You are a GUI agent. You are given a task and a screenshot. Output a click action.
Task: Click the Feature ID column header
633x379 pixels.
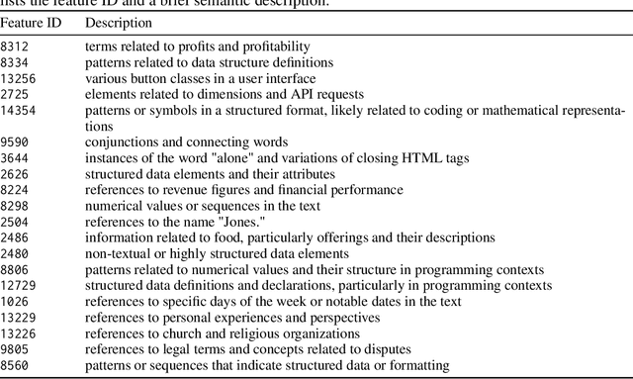(x=33, y=22)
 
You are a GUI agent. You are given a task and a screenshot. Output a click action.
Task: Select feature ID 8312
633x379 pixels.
(x=15, y=47)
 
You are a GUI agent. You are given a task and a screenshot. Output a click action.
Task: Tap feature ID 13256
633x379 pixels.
(x=18, y=78)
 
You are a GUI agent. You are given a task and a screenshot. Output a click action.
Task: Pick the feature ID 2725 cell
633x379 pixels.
(x=15, y=94)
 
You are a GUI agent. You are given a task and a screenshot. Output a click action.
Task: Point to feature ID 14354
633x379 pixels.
(x=18, y=110)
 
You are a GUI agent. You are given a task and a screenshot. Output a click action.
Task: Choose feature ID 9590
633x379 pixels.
(x=15, y=142)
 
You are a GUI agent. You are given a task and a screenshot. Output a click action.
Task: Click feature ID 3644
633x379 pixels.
(x=15, y=157)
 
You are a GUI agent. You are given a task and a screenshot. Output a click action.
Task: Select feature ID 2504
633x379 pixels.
(x=15, y=222)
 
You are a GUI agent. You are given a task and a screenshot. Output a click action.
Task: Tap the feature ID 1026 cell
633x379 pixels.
(x=15, y=301)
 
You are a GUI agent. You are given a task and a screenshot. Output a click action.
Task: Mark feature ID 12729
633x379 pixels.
(x=18, y=285)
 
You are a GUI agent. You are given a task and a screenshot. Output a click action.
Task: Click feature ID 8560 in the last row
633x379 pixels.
(x=15, y=365)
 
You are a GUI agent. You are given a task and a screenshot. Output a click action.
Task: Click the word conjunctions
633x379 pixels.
(x=121, y=142)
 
